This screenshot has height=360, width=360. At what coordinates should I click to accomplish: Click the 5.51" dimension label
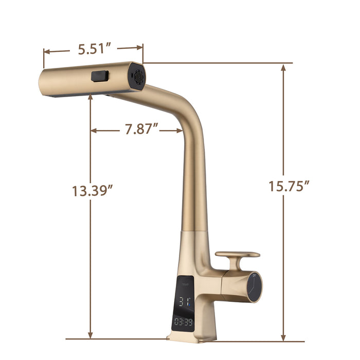pos(94,49)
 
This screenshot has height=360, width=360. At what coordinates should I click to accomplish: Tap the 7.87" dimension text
pos(140,129)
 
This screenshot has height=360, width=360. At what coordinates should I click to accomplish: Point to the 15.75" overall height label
pos(289,186)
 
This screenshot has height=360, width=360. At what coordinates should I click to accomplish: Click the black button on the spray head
pos(100,76)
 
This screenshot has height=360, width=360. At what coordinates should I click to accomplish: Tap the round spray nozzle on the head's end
pos(138,78)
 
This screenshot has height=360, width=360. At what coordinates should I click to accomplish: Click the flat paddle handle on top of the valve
pos(237,255)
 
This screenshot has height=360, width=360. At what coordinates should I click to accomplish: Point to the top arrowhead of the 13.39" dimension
pos(91,97)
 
